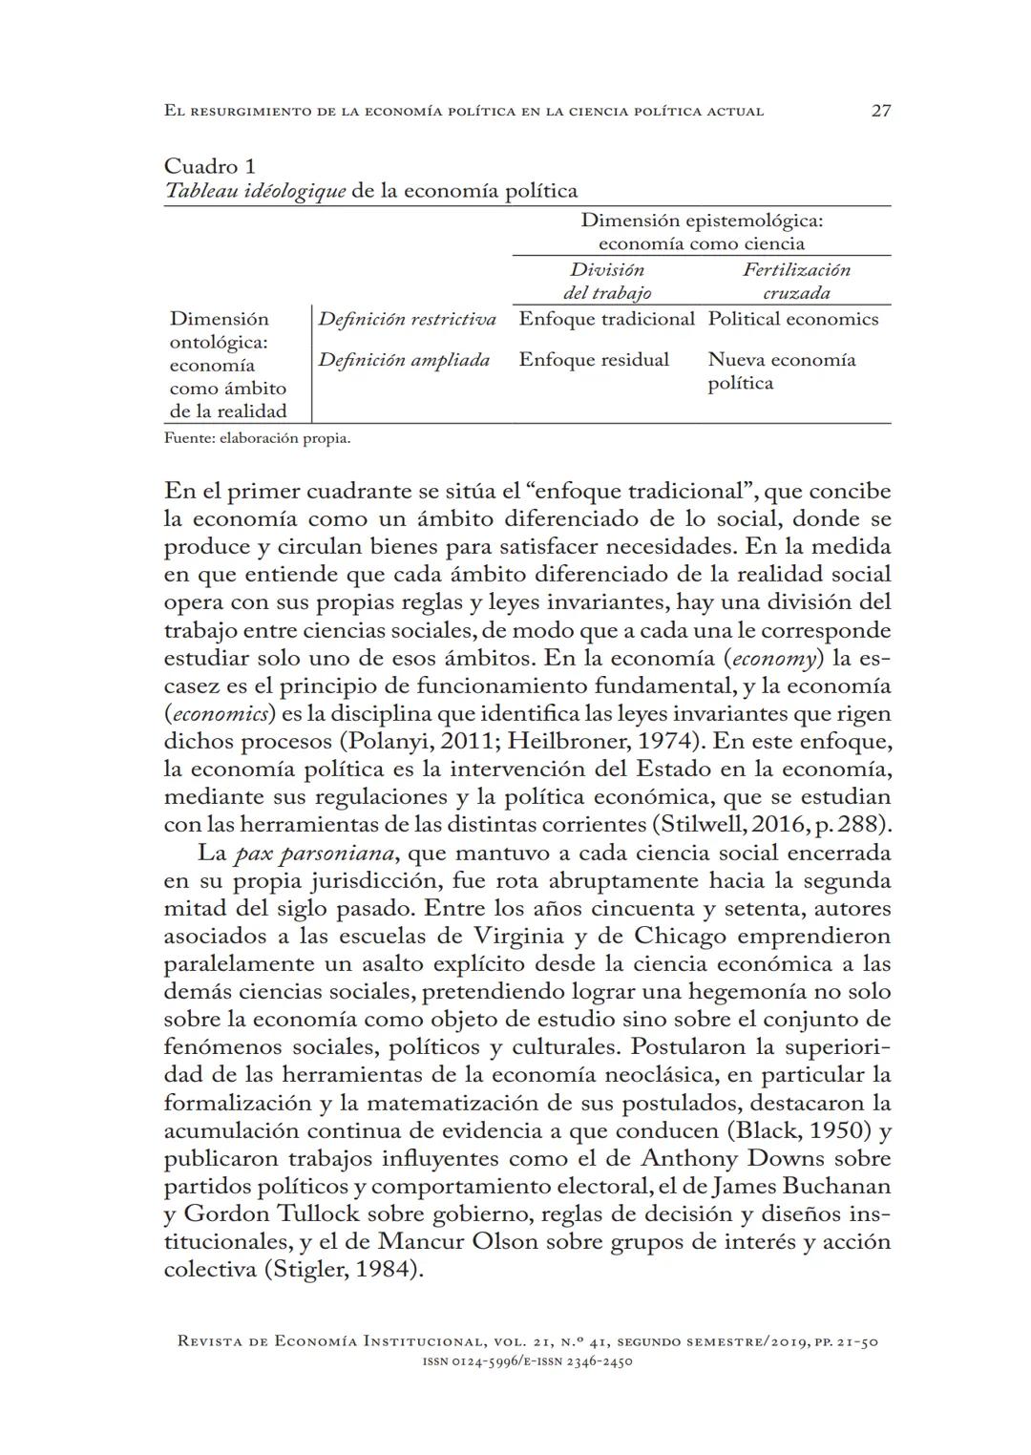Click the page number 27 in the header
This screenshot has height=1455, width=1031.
point(881,111)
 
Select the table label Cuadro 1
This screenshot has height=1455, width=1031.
point(209,166)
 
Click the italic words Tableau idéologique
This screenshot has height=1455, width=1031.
point(255,190)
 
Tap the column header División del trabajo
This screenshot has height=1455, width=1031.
point(607,282)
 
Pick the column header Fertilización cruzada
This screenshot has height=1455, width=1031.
point(796,282)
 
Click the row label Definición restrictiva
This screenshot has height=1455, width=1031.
point(407,319)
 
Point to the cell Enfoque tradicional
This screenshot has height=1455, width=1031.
point(606,319)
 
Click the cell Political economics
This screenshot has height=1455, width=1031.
point(792,319)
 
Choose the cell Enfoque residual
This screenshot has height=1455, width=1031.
point(594,360)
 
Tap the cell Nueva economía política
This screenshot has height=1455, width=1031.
point(781,371)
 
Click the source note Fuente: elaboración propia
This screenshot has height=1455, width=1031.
point(257,439)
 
